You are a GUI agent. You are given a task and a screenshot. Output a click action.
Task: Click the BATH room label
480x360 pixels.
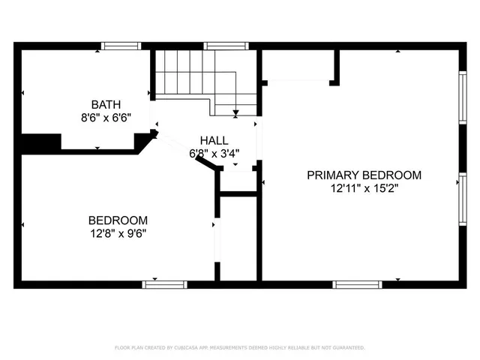(x=106, y=104)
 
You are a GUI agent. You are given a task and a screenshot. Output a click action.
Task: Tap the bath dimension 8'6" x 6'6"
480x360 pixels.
(x=106, y=117)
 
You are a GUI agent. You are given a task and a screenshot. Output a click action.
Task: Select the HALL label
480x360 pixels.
(x=214, y=141)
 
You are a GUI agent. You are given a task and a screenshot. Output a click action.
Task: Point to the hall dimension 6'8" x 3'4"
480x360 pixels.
(x=214, y=154)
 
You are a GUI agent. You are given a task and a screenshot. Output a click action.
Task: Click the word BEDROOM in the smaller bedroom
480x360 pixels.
(x=118, y=220)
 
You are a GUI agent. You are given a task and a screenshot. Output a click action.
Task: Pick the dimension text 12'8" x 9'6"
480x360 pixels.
(x=118, y=233)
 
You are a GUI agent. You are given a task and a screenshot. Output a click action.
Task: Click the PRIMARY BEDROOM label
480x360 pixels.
(x=364, y=175)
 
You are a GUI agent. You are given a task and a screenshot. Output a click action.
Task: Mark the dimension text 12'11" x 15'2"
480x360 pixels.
(x=364, y=188)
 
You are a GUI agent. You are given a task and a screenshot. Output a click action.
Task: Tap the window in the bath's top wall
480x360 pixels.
(x=121, y=46)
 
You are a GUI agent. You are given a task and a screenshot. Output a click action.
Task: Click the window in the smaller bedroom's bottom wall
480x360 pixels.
(x=164, y=284)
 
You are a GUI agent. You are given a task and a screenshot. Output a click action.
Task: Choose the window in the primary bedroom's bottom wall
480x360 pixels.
(x=358, y=284)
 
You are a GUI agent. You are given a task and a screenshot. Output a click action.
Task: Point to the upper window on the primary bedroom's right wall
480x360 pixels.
(x=462, y=95)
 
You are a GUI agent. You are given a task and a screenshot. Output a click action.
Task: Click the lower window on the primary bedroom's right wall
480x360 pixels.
(x=462, y=199)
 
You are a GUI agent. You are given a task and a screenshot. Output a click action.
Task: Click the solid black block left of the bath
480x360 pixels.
(x=40, y=142)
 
